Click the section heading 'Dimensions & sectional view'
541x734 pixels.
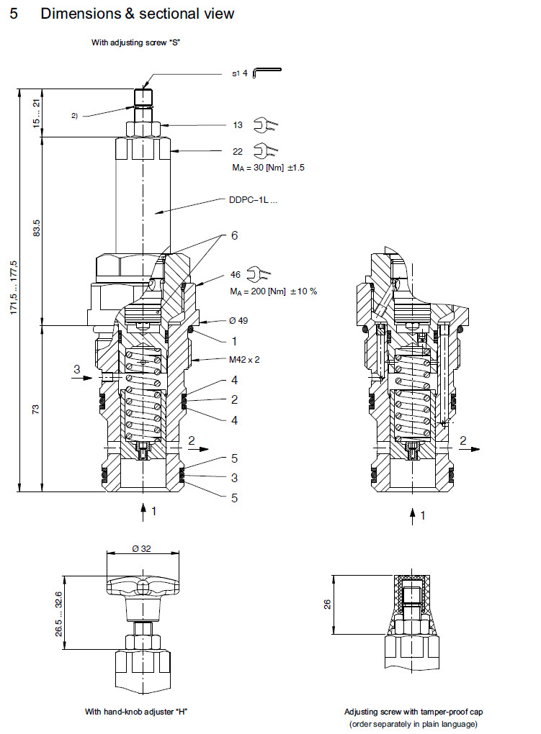pos(137,14)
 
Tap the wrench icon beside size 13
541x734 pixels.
pos(265,126)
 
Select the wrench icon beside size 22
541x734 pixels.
pos(265,151)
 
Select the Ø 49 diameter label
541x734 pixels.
pos(238,320)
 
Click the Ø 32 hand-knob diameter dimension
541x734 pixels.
pos(141,548)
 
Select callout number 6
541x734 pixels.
pos(234,235)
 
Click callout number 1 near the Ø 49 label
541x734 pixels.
pos(234,340)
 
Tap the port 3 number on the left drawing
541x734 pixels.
pos(77,369)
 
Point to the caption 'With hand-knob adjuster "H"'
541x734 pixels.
pos(137,712)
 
